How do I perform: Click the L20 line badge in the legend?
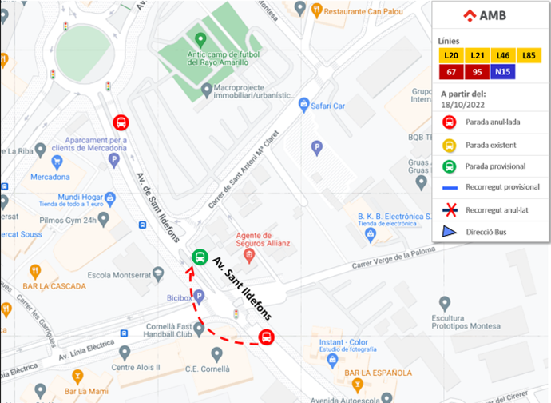451,55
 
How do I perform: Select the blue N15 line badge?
502,72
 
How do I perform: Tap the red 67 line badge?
451,72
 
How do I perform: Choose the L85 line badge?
529,55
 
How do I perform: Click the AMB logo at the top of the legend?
490,15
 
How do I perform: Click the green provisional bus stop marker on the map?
200,257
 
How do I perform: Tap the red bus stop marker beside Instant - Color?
267,337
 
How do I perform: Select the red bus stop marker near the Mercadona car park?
121,122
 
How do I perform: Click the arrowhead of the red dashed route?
190,270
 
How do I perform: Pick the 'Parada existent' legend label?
491,145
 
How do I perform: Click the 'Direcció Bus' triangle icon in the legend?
449,232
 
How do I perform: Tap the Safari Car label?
327,105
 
